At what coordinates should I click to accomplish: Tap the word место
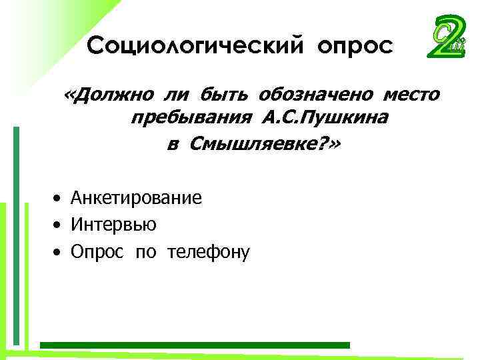click(x=409, y=95)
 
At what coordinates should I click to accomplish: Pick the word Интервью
click(x=114, y=225)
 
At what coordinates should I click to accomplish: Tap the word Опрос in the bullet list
click(x=97, y=253)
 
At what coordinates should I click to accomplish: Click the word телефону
click(x=208, y=253)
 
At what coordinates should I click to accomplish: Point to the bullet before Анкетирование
click(x=59, y=199)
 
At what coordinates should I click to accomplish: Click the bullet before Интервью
click(x=59, y=225)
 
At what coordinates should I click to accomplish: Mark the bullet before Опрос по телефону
click(x=59, y=253)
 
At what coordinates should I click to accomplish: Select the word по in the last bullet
click(x=145, y=253)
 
